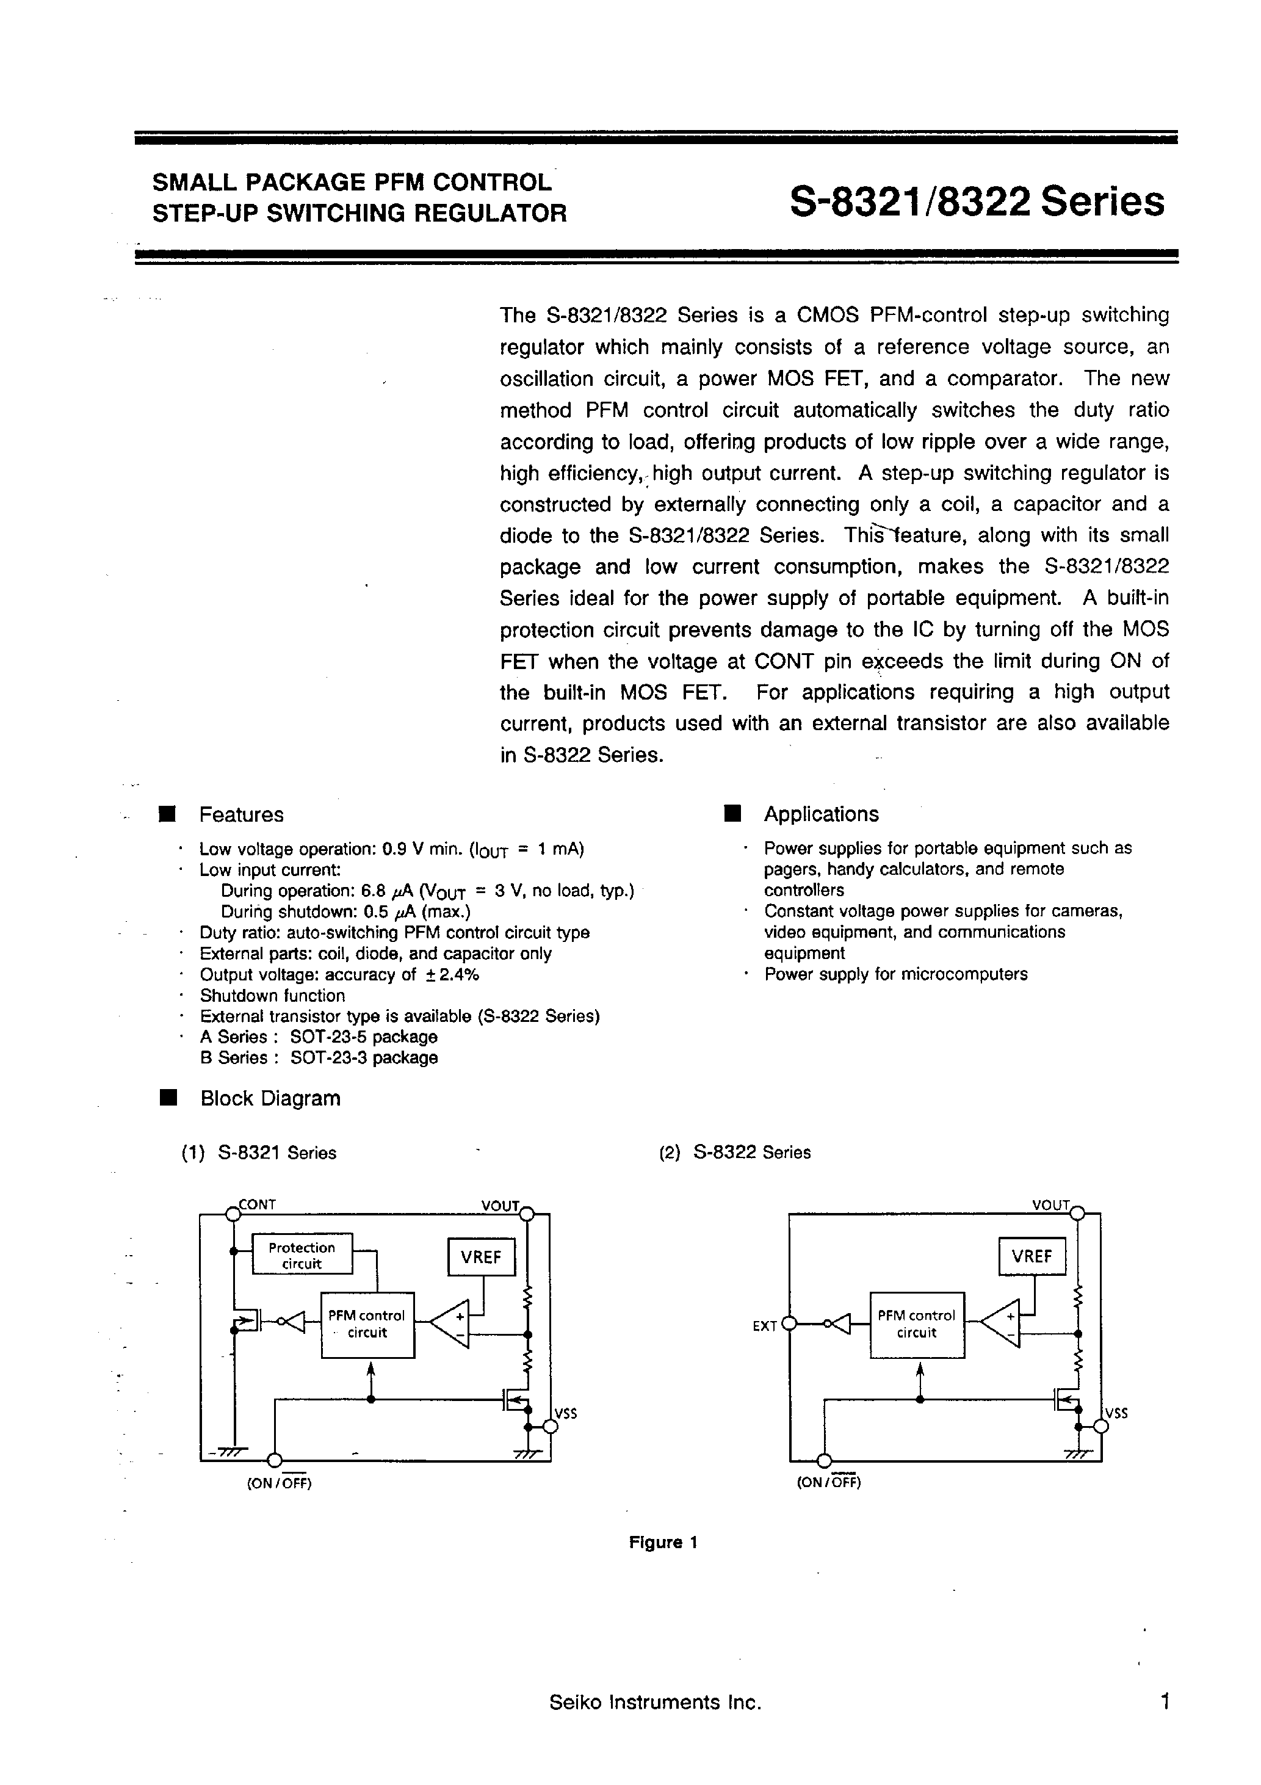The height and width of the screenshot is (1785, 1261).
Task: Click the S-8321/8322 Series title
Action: point(977,201)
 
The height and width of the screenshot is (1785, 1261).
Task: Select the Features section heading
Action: point(241,815)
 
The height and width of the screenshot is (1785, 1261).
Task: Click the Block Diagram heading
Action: point(270,1098)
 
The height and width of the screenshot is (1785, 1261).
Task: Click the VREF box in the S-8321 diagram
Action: point(481,1257)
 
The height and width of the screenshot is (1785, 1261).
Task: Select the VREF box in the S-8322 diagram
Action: point(1032,1257)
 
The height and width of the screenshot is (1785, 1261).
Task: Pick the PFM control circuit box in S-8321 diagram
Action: point(367,1324)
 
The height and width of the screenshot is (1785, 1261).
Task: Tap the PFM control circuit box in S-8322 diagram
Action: point(917,1324)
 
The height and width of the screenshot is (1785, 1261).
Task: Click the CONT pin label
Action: point(258,1205)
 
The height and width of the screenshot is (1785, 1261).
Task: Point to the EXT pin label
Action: point(764,1327)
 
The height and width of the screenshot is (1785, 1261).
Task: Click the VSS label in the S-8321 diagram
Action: point(566,1413)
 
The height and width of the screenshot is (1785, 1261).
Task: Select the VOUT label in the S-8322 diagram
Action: point(1051,1205)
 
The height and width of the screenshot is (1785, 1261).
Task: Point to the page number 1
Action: point(1165,1702)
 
